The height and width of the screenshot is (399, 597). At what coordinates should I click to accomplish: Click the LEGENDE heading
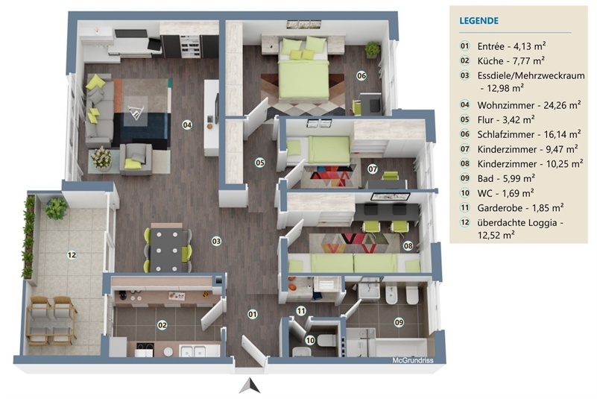click(479, 22)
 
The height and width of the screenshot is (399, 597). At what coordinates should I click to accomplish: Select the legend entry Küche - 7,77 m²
click(511, 60)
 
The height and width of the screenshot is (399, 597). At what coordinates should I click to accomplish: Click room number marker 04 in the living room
click(187, 125)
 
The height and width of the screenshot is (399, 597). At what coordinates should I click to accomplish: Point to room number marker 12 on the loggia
click(72, 255)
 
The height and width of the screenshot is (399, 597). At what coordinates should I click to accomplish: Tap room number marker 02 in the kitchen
click(162, 324)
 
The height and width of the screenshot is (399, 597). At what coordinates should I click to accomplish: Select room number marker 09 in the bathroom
click(399, 322)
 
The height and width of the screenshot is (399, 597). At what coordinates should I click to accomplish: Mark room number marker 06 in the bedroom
click(361, 75)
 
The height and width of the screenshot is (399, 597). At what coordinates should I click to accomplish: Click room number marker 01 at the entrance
click(252, 314)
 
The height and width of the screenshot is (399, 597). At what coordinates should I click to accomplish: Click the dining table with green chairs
click(168, 248)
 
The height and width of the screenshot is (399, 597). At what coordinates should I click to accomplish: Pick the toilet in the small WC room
click(325, 340)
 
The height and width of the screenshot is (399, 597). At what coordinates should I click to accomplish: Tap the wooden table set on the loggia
click(52, 316)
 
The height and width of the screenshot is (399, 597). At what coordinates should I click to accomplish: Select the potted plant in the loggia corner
click(54, 208)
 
